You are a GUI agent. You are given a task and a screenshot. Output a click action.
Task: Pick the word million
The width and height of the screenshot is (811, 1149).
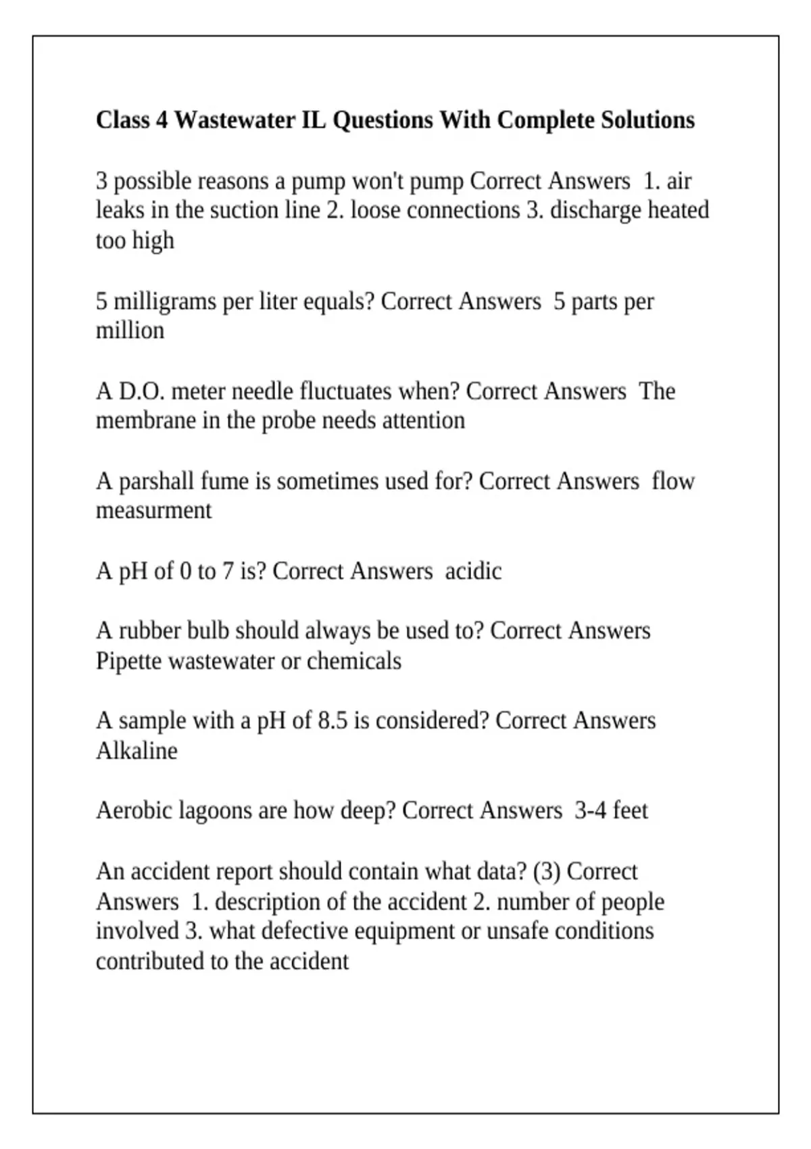click(130, 331)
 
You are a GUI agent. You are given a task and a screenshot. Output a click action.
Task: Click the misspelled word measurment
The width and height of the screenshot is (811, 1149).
click(153, 510)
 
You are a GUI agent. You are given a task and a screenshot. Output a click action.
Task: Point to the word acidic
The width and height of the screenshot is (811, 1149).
click(473, 571)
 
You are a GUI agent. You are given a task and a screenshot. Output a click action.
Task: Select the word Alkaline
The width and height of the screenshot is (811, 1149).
click(137, 751)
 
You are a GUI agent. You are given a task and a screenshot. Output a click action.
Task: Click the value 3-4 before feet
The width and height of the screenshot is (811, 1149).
click(590, 810)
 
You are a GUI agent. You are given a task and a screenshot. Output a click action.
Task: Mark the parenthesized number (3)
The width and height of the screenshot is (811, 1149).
click(547, 872)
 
